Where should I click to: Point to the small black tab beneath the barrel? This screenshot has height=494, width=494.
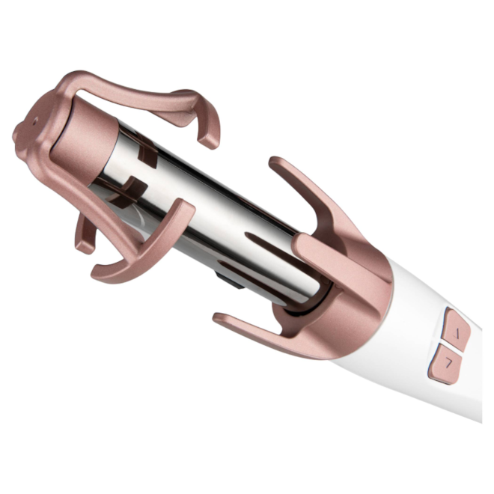click(222, 279)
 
